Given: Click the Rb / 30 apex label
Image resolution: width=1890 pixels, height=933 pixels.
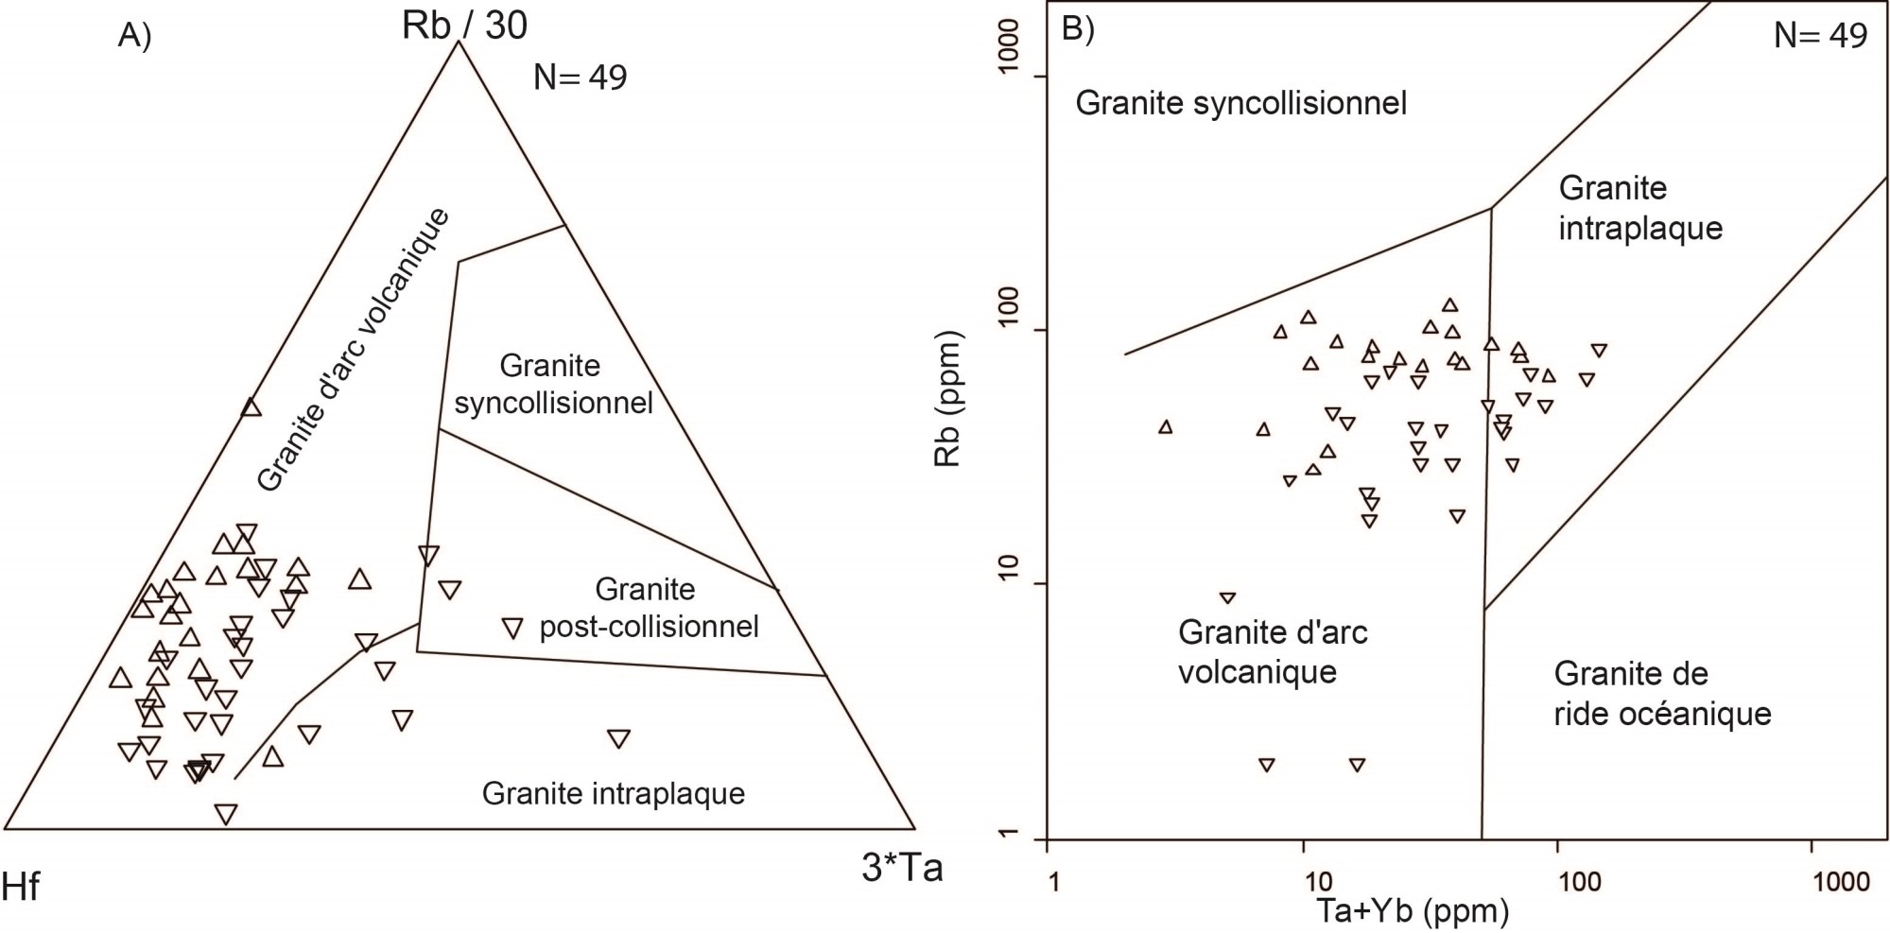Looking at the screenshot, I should (464, 25).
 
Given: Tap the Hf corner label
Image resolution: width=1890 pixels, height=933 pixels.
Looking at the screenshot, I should (21, 888).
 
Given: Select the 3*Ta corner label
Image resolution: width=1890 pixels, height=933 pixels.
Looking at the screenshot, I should (902, 868).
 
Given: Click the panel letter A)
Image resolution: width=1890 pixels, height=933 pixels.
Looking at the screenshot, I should (134, 35).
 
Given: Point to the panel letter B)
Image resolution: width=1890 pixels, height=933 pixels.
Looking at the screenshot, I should (1078, 29).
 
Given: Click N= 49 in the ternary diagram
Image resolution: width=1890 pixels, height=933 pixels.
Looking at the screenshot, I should (580, 77).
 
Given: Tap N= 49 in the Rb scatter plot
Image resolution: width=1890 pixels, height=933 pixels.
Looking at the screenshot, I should (1820, 35).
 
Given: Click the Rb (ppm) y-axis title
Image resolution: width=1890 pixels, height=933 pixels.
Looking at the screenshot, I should (946, 399).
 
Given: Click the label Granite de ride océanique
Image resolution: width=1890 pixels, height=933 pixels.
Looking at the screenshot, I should (1662, 694).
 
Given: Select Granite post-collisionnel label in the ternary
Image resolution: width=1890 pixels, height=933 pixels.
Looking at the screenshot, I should (649, 608).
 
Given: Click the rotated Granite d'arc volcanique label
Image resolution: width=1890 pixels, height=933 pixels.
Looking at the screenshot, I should (353, 350).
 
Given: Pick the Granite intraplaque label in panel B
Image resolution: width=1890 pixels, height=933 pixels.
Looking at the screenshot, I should (1640, 208).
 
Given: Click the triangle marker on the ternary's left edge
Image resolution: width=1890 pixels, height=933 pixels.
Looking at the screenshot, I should (251, 406).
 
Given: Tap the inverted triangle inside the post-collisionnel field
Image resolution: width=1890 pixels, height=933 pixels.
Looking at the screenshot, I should (512, 627).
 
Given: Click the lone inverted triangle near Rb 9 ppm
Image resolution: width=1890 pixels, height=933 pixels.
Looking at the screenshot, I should (1227, 598).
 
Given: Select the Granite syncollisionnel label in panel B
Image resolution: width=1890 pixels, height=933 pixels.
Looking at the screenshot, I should (1240, 102).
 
